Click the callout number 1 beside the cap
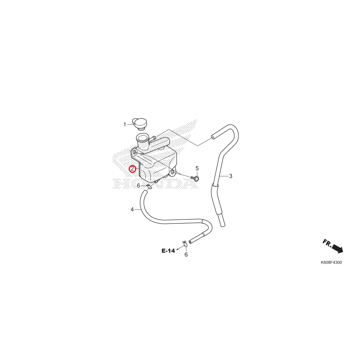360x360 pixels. [x=124, y=124]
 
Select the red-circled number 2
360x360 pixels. [x=132, y=169]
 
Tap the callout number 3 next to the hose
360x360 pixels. [x=231, y=176]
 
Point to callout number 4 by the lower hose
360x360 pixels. [x=132, y=209]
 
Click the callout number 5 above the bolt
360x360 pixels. [x=197, y=168]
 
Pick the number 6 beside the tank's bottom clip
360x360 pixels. [x=138, y=186]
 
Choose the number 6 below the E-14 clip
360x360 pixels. [x=186, y=254]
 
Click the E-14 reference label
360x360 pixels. [x=168, y=251]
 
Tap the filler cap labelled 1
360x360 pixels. [x=141, y=123]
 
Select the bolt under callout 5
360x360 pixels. [x=195, y=178]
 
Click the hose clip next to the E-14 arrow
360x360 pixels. [x=185, y=243]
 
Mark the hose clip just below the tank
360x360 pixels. [x=150, y=186]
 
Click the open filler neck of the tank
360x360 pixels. [x=142, y=139]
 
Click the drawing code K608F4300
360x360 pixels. [x=331, y=263]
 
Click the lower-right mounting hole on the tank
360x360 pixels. [x=173, y=172]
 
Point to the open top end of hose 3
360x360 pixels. [x=212, y=138]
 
